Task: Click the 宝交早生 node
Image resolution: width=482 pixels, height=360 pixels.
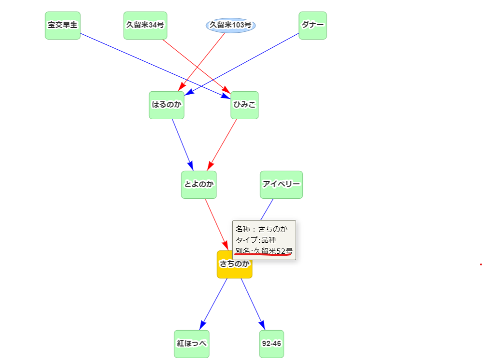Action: pos(63,25)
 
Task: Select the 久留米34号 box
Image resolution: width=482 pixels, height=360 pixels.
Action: pos(145,25)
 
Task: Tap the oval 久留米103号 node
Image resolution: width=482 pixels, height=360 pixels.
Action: pos(230,25)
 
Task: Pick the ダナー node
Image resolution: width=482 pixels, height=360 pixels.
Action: pos(312,25)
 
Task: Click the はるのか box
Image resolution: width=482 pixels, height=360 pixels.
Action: pos(167,105)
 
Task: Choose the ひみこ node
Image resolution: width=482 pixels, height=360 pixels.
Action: pos(244,105)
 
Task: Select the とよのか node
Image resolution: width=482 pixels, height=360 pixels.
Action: pos(199,184)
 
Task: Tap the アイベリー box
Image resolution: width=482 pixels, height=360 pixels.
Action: pos(281,184)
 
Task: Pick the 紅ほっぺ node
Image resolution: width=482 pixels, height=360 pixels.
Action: pos(192,344)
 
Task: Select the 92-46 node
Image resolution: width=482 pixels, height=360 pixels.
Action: pos(271,344)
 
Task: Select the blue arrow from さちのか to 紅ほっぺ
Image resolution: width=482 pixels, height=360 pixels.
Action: pos(214,303)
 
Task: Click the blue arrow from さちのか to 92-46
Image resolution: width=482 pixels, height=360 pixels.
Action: pos(253,303)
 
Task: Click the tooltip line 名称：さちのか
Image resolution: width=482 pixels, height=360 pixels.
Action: pos(261,229)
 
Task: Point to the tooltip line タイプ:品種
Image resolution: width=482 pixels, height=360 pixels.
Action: pos(256,240)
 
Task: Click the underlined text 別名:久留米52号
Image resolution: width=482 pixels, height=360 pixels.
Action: pos(264,251)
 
